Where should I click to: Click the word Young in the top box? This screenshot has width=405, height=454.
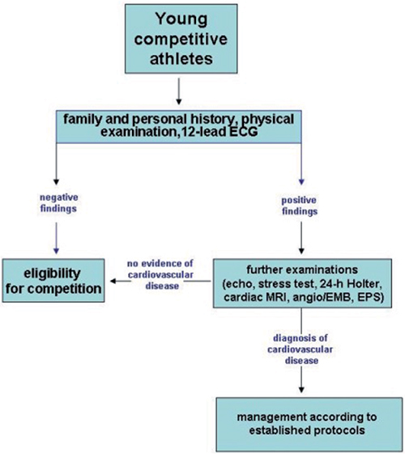click(x=181, y=19)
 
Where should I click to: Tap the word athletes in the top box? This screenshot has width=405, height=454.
click(x=181, y=58)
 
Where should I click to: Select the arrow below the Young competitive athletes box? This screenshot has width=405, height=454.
click(x=179, y=91)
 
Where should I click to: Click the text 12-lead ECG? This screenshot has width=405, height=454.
click(x=220, y=132)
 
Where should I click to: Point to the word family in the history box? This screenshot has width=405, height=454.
click(x=83, y=119)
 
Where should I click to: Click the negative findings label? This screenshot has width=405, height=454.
click(x=58, y=203)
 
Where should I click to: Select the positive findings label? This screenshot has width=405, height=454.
click(x=300, y=206)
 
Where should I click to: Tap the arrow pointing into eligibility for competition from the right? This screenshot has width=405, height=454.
click(x=160, y=281)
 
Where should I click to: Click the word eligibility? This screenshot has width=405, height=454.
click(x=52, y=274)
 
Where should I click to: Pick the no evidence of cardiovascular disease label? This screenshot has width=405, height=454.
click(x=160, y=274)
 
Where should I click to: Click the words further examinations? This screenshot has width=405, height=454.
click(x=302, y=269)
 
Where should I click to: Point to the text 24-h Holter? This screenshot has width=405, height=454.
click(x=351, y=284)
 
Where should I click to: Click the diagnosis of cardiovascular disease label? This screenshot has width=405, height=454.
click(x=301, y=349)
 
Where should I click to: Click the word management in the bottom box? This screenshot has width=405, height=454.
click(x=271, y=418)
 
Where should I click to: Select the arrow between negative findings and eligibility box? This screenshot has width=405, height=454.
click(x=56, y=238)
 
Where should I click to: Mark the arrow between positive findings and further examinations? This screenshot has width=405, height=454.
click(x=301, y=238)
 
